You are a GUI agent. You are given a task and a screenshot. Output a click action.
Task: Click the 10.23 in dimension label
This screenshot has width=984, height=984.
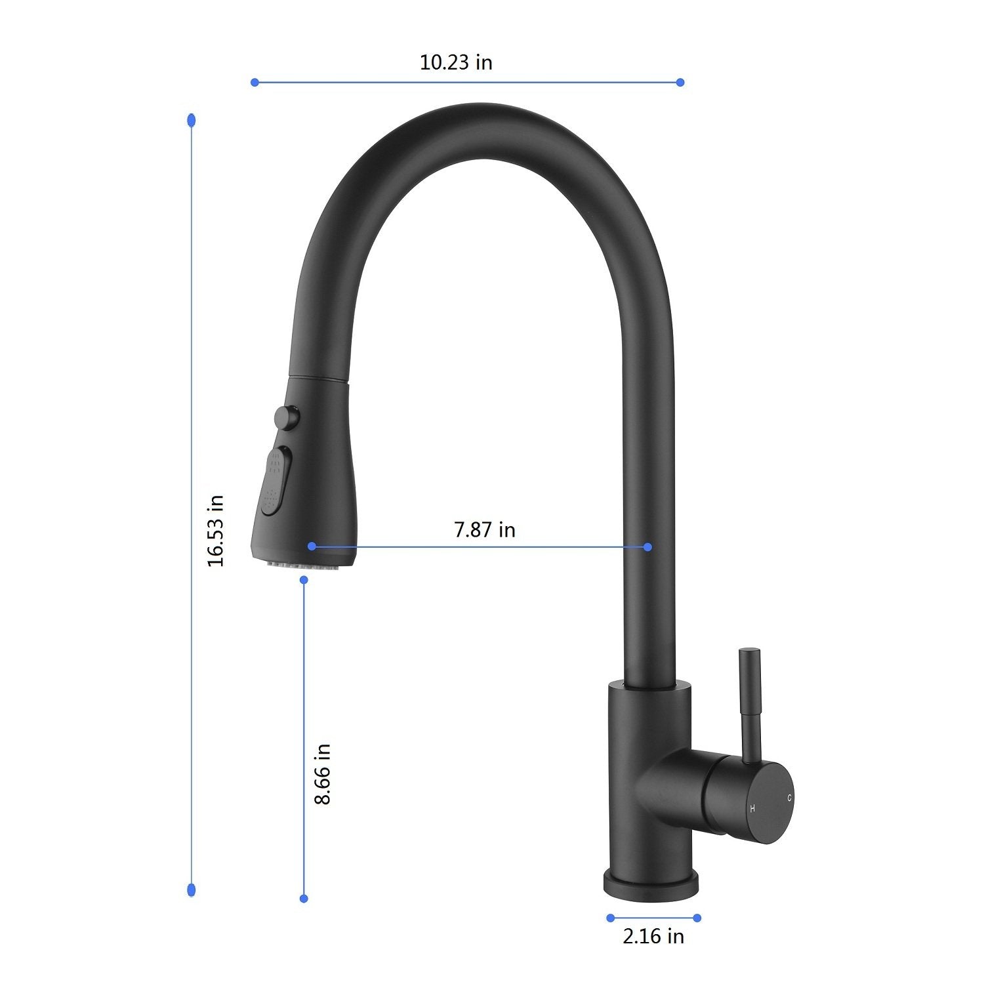pyautogui.click(x=456, y=63)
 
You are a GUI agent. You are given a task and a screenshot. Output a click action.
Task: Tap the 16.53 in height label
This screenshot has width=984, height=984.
pyautogui.click(x=215, y=531)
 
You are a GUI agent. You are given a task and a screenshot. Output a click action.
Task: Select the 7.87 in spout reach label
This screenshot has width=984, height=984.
pyautogui.click(x=485, y=529)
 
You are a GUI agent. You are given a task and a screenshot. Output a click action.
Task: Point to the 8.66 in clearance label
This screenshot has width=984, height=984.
pyautogui.click(x=323, y=774)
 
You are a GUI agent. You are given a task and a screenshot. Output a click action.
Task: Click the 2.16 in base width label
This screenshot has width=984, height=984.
pyautogui.click(x=653, y=936)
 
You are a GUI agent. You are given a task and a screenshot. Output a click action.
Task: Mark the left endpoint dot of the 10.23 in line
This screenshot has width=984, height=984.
pyautogui.click(x=255, y=82)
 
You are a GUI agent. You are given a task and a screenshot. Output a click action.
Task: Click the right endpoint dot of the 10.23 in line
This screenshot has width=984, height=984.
pyautogui.click(x=680, y=82)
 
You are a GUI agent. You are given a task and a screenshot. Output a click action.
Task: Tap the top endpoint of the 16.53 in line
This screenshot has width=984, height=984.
pyautogui.click(x=191, y=120)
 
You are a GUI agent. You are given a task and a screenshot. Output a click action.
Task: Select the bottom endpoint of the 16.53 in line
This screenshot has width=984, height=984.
pyautogui.click(x=191, y=890)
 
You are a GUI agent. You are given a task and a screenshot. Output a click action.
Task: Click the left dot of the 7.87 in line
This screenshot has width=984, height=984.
pyautogui.click(x=312, y=546)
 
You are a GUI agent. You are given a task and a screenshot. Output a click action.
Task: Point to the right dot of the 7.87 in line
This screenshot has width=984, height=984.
pyautogui.click(x=647, y=546)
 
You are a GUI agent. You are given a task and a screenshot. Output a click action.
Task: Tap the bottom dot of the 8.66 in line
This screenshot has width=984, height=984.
pyautogui.click(x=304, y=898)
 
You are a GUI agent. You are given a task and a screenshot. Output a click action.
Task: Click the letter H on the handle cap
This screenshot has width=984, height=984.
pyautogui.click(x=752, y=808)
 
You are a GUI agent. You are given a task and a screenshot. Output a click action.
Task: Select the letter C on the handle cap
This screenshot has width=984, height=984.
pyautogui.click(x=790, y=798)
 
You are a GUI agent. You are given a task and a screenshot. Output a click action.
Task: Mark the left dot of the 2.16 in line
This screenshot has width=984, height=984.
pyautogui.click(x=611, y=918)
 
